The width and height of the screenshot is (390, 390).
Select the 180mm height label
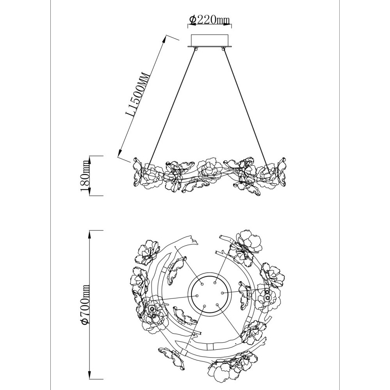click(85, 175)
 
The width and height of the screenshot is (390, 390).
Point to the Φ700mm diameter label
click(85, 304)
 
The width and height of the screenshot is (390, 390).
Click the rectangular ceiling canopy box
click(209, 41)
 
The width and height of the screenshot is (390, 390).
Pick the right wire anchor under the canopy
click(223, 49)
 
